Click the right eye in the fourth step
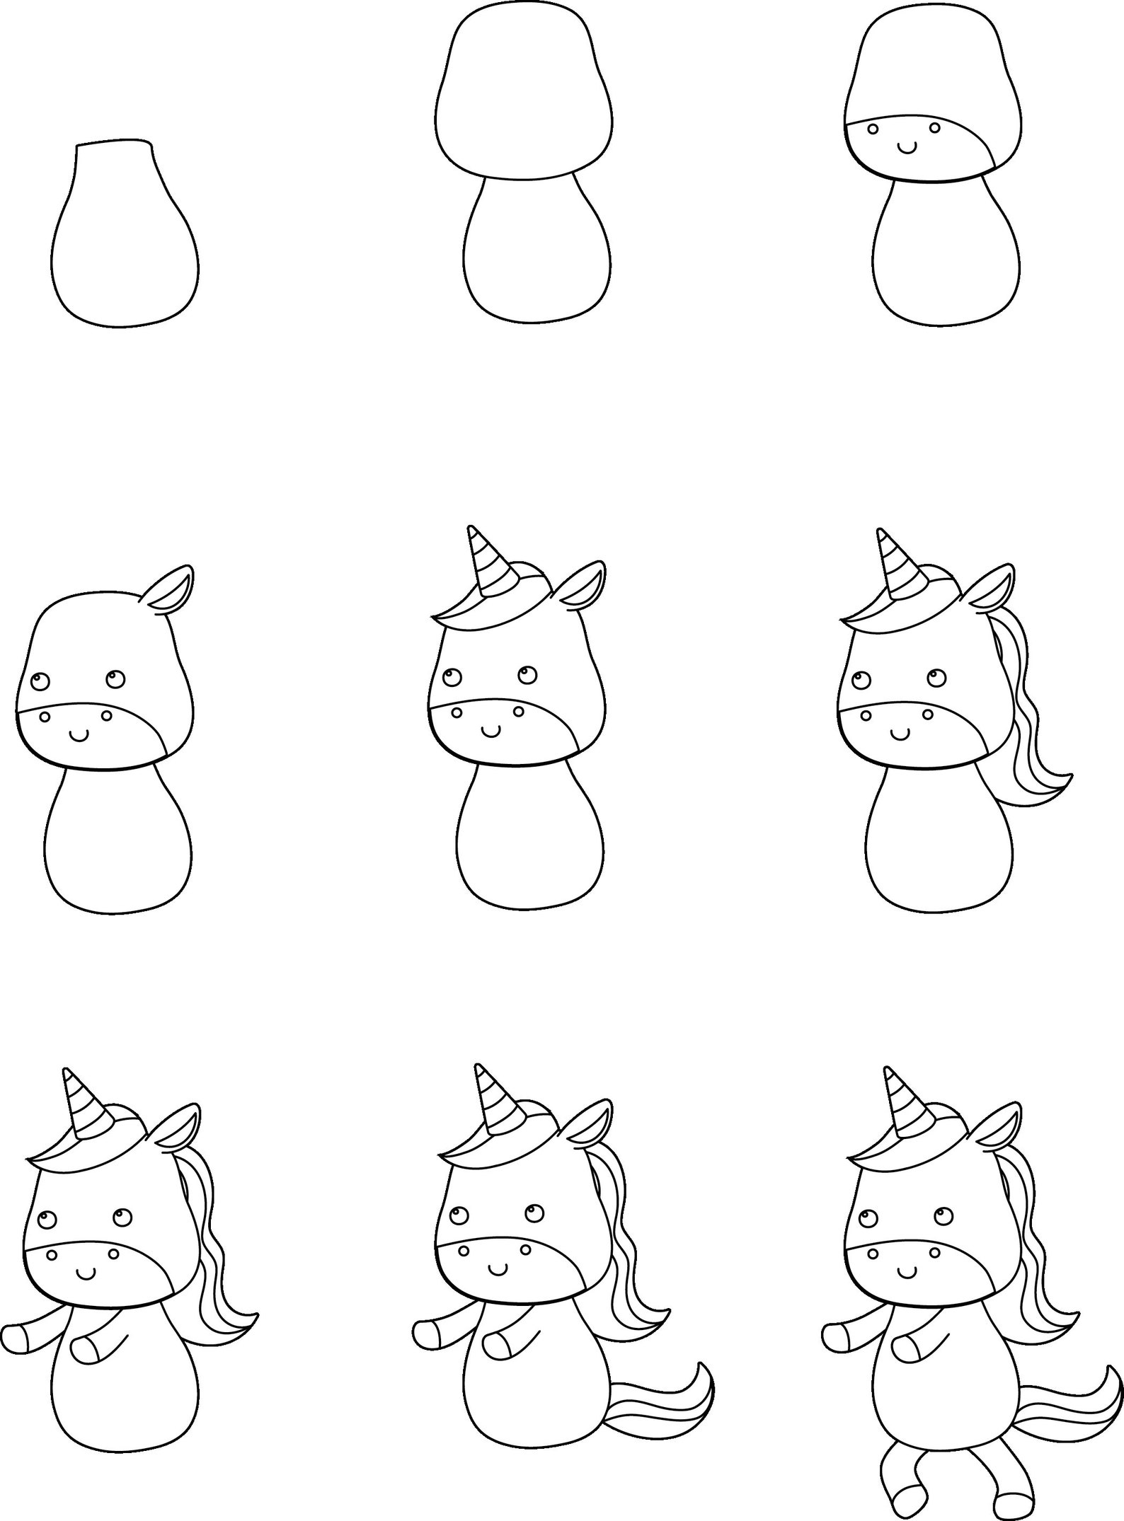click(x=115, y=679)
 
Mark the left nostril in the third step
click(x=873, y=129)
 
